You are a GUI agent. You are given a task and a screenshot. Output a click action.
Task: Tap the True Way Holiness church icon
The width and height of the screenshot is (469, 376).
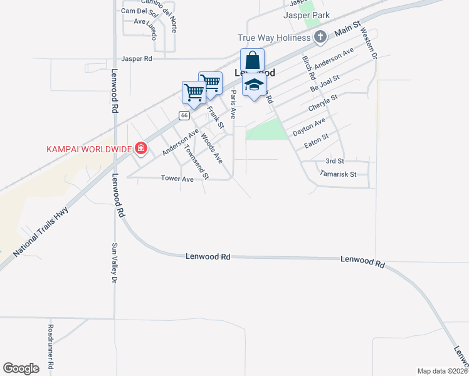[x=320, y=37]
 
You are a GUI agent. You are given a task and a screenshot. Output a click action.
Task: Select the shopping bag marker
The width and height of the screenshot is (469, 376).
[x=252, y=61]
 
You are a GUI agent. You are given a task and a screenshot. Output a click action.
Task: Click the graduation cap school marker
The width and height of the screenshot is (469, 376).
[x=254, y=85]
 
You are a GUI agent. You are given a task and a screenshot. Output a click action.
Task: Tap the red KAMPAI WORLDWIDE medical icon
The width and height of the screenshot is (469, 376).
[x=141, y=149]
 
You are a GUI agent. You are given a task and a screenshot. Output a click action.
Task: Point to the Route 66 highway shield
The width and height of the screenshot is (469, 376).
[x=184, y=115]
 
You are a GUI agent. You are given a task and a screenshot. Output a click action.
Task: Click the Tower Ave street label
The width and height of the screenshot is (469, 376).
[x=177, y=179]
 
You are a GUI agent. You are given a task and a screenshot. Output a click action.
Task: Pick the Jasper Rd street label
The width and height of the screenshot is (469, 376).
[x=137, y=58]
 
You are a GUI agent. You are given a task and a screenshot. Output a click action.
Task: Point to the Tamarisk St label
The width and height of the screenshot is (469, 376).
[x=338, y=174]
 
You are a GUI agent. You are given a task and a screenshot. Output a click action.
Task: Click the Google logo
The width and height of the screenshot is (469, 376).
[x=21, y=368]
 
